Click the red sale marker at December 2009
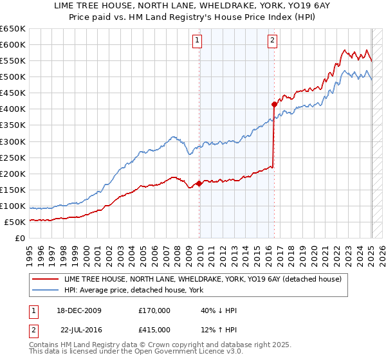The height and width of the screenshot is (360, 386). pyautogui.click(x=199, y=183)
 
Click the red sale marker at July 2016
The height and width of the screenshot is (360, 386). pyautogui.click(x=274, y=104)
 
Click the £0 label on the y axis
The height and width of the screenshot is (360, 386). pyautogui.click(x=20, y=238)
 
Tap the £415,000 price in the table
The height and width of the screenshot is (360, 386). pyautogui.click(x=154, y=330)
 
